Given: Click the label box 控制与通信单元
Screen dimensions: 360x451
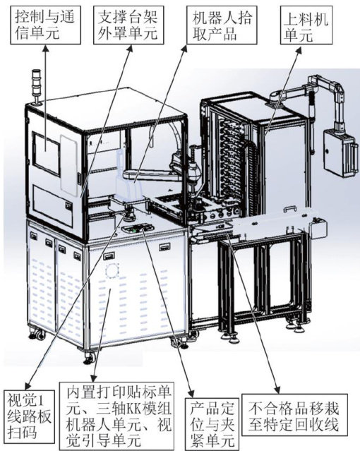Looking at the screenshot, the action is point(45,25).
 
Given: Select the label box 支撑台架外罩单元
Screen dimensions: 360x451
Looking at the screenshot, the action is point(128,25).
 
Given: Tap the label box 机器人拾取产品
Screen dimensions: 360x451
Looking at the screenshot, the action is point(222,25).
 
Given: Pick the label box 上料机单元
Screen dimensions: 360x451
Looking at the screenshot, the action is point(306,25).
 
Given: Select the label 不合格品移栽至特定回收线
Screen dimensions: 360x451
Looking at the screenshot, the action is point(294,415).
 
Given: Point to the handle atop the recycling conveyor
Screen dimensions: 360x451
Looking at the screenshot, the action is point(289,208).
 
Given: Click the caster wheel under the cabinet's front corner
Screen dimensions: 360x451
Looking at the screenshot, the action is point(90,358).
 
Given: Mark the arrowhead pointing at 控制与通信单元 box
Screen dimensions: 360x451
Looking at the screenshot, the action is point(45,48).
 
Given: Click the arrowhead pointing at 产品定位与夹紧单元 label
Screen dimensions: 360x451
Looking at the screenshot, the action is point(191,393).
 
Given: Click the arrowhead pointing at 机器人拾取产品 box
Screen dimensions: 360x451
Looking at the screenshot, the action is point(185,49).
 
